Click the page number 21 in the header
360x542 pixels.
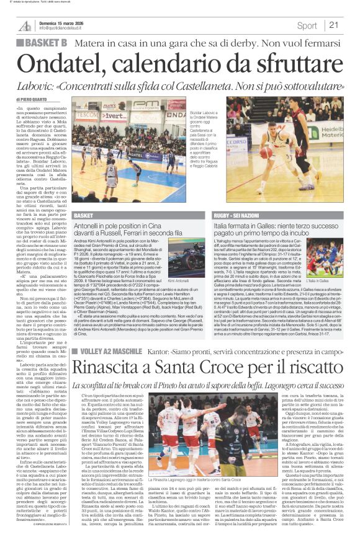333,25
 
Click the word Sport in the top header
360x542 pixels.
307,25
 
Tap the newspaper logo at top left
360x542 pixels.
25,25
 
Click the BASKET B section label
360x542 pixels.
44,42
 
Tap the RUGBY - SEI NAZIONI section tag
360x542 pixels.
239,215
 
